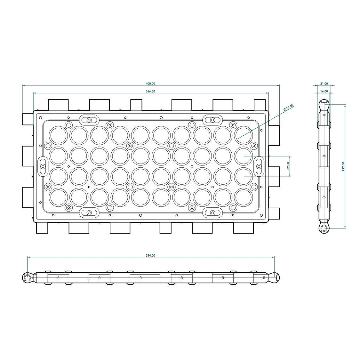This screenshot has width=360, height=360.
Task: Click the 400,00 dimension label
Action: pos(151,84)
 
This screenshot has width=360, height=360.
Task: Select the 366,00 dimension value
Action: pos(150,92)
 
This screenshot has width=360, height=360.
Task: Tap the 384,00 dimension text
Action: pos(151,256)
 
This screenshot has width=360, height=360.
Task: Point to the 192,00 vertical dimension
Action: pos(343,166)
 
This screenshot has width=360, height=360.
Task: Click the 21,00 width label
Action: pos(324,84)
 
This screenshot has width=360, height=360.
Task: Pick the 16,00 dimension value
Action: pos(324,92)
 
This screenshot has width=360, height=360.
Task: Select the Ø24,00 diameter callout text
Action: pos(288,108)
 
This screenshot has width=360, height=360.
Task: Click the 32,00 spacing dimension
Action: pos(288,166)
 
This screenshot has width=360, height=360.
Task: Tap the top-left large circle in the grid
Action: pos(58,135)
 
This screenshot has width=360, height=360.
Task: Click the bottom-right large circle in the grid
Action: pos(244,197)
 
